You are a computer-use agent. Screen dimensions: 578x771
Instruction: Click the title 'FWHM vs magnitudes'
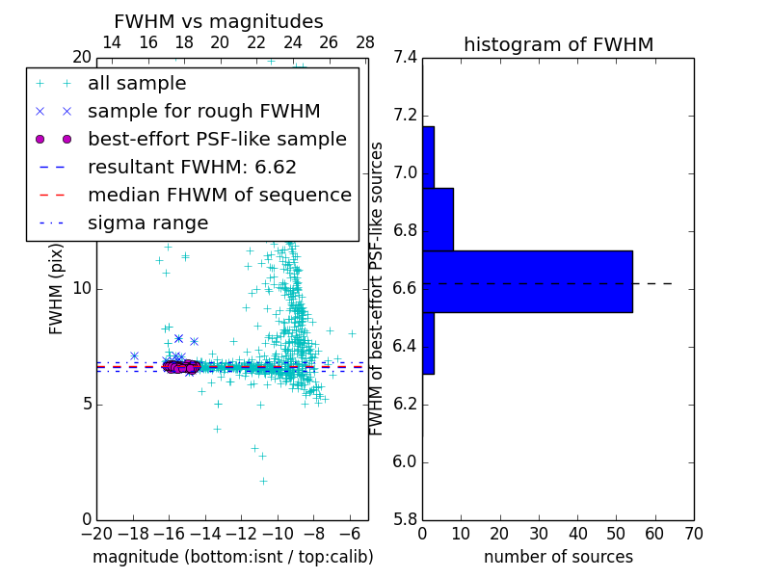click(218, 21)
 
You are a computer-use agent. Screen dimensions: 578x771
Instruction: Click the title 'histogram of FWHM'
click(558, 44)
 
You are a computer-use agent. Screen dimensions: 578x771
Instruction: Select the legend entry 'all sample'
click(137, 84)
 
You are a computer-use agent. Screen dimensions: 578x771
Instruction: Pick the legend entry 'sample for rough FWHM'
click(203, 112)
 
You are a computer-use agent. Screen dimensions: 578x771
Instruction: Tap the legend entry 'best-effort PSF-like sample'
click(217, 140)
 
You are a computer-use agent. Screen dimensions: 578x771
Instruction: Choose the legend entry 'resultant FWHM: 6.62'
click(192, 168)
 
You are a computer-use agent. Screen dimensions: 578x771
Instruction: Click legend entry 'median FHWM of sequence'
click(219, 196)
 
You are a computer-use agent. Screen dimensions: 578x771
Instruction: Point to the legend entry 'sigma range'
click(147, 223)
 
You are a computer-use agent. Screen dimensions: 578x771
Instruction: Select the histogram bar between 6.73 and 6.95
click(438, 220)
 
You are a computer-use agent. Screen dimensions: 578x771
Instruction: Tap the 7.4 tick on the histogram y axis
click(406, 58)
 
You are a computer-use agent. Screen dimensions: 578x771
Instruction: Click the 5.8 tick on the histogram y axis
click(406, 520)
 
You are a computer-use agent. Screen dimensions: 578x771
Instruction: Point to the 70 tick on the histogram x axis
click(693, 534)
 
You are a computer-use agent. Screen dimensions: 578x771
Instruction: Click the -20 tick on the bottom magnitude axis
click(96, 534)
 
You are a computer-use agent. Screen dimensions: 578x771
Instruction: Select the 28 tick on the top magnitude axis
click(365, 42)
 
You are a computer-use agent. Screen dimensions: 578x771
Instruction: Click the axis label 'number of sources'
click(558, 557)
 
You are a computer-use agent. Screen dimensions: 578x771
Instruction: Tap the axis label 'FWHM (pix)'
click(57, 289)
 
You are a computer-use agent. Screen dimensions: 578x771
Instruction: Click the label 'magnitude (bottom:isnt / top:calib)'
click(232, 557)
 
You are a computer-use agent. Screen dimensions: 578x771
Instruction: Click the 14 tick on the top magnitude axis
click(112, 42)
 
